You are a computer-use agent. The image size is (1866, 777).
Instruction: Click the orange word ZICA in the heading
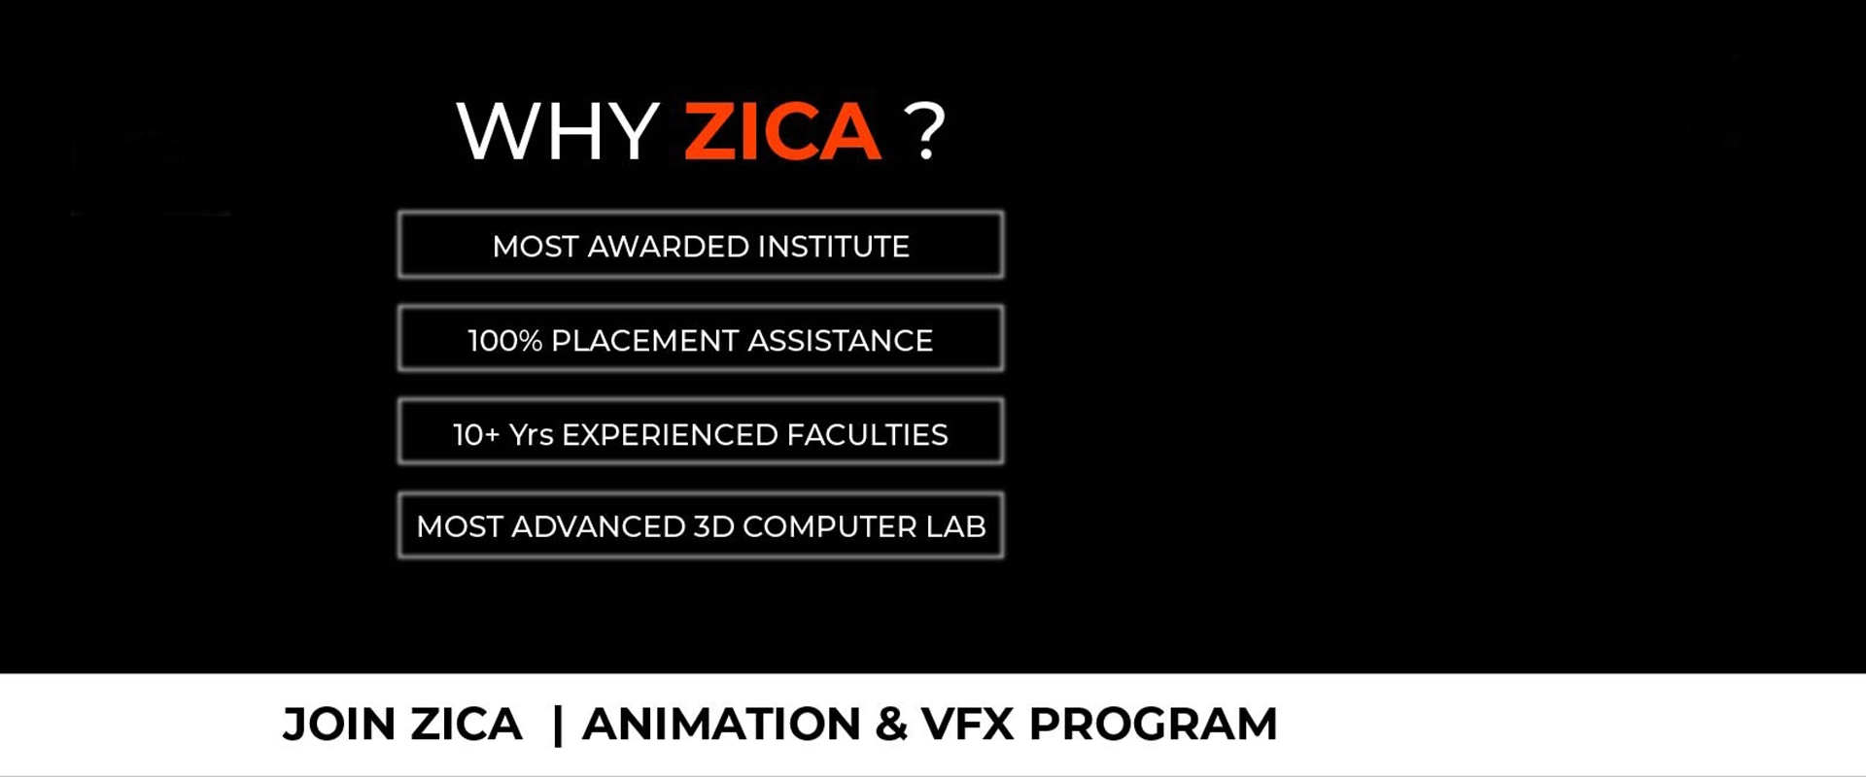tap(782, 131)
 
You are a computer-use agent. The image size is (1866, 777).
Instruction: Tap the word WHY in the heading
tap(558, 131)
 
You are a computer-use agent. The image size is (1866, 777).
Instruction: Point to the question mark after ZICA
tap(924, 131)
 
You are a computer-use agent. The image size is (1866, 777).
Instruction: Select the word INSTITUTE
tap(833, 247)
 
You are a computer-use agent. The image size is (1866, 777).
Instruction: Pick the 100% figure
tap(504, 341)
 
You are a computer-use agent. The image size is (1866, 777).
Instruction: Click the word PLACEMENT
tap(644, 341)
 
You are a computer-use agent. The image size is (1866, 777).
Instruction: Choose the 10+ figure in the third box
tap(476, 435)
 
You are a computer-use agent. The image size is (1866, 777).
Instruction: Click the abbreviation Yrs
tap(532, 435)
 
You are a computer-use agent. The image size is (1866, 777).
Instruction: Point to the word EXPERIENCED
tap(670, 435)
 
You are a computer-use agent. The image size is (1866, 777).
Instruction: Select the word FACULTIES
tap(867, 435)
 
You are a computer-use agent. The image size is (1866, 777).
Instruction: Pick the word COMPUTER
tap(829, 526)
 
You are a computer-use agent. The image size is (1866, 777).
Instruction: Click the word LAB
tap(955, 526)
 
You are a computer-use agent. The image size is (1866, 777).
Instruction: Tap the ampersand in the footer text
tap(890, 725)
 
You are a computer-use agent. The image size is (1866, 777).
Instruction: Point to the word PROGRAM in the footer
tap(1153, 725)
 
